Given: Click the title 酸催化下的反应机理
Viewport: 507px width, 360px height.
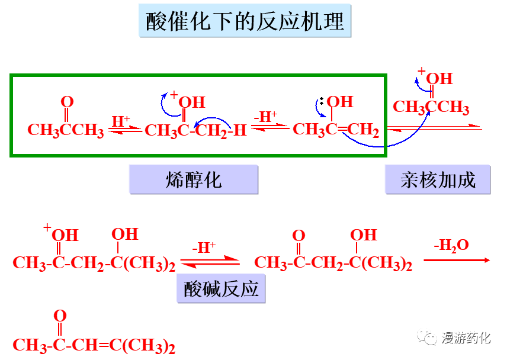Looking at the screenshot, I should coord(245,22).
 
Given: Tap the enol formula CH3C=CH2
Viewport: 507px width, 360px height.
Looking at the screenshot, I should coord(336,130).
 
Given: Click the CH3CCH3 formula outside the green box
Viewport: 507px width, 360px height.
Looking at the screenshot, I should coord(431,108).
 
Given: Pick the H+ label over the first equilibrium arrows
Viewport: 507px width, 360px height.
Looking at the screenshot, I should coord(121,121).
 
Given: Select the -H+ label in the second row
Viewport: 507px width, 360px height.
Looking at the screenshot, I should coord(204,247).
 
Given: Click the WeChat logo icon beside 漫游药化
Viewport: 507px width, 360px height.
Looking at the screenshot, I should coord(427,337).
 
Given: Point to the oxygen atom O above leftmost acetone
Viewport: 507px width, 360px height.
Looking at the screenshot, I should coord(67,102).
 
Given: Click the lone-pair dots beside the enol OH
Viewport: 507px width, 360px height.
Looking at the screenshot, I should coord(322,102).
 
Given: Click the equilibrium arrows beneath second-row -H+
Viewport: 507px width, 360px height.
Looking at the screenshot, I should coord(210,261).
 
